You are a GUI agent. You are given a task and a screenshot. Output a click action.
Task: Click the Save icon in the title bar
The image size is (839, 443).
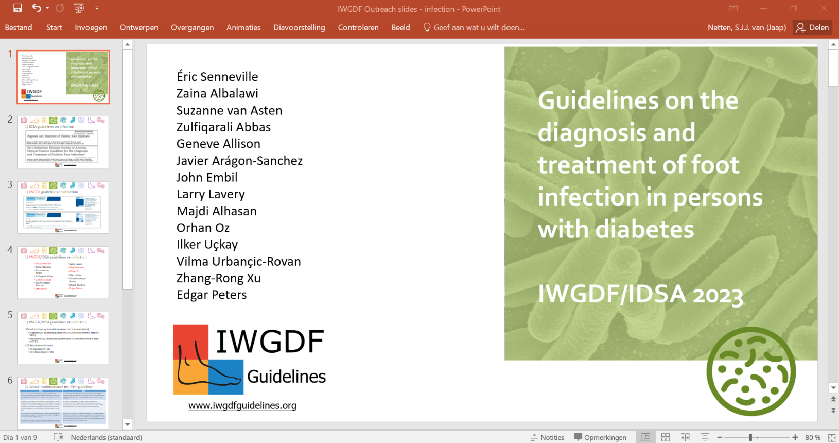coord(18,8)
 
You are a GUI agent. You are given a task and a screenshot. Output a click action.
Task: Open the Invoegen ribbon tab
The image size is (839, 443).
coord(91,28)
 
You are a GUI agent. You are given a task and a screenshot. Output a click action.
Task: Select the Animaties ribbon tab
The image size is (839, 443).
coord(243,28)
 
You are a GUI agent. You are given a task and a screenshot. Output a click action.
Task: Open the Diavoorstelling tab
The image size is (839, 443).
coord(299,28)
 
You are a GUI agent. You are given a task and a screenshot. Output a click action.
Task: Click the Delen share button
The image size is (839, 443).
coord(813,28)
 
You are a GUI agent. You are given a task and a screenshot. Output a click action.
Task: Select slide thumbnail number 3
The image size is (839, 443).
coord(63,207)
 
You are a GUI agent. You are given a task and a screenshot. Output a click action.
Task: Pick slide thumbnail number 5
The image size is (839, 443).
coord(63,337)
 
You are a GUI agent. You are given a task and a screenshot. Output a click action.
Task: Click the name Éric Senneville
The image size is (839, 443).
coord(217,77)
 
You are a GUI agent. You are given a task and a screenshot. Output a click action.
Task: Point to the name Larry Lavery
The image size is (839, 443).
coord(211,194)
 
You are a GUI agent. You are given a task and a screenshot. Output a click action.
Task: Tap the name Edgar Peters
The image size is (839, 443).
coord(212,295)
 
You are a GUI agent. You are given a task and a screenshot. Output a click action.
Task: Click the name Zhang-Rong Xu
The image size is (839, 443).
coord(218,278)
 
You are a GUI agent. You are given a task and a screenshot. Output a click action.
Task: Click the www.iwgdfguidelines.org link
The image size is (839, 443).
coord(242,405)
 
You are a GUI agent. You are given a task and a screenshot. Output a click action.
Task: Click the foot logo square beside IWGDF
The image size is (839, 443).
coord(208,360)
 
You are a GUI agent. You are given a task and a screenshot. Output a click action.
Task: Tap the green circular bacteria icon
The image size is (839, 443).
coord(751,371)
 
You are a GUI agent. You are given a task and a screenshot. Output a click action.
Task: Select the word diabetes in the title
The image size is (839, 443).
coord(645,229)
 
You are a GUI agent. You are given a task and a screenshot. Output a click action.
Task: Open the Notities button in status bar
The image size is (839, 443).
coord(548,437)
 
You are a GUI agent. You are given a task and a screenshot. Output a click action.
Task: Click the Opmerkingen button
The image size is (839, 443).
coord(600,437)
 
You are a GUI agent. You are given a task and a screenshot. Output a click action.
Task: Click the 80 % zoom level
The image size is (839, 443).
coord(813,437)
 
